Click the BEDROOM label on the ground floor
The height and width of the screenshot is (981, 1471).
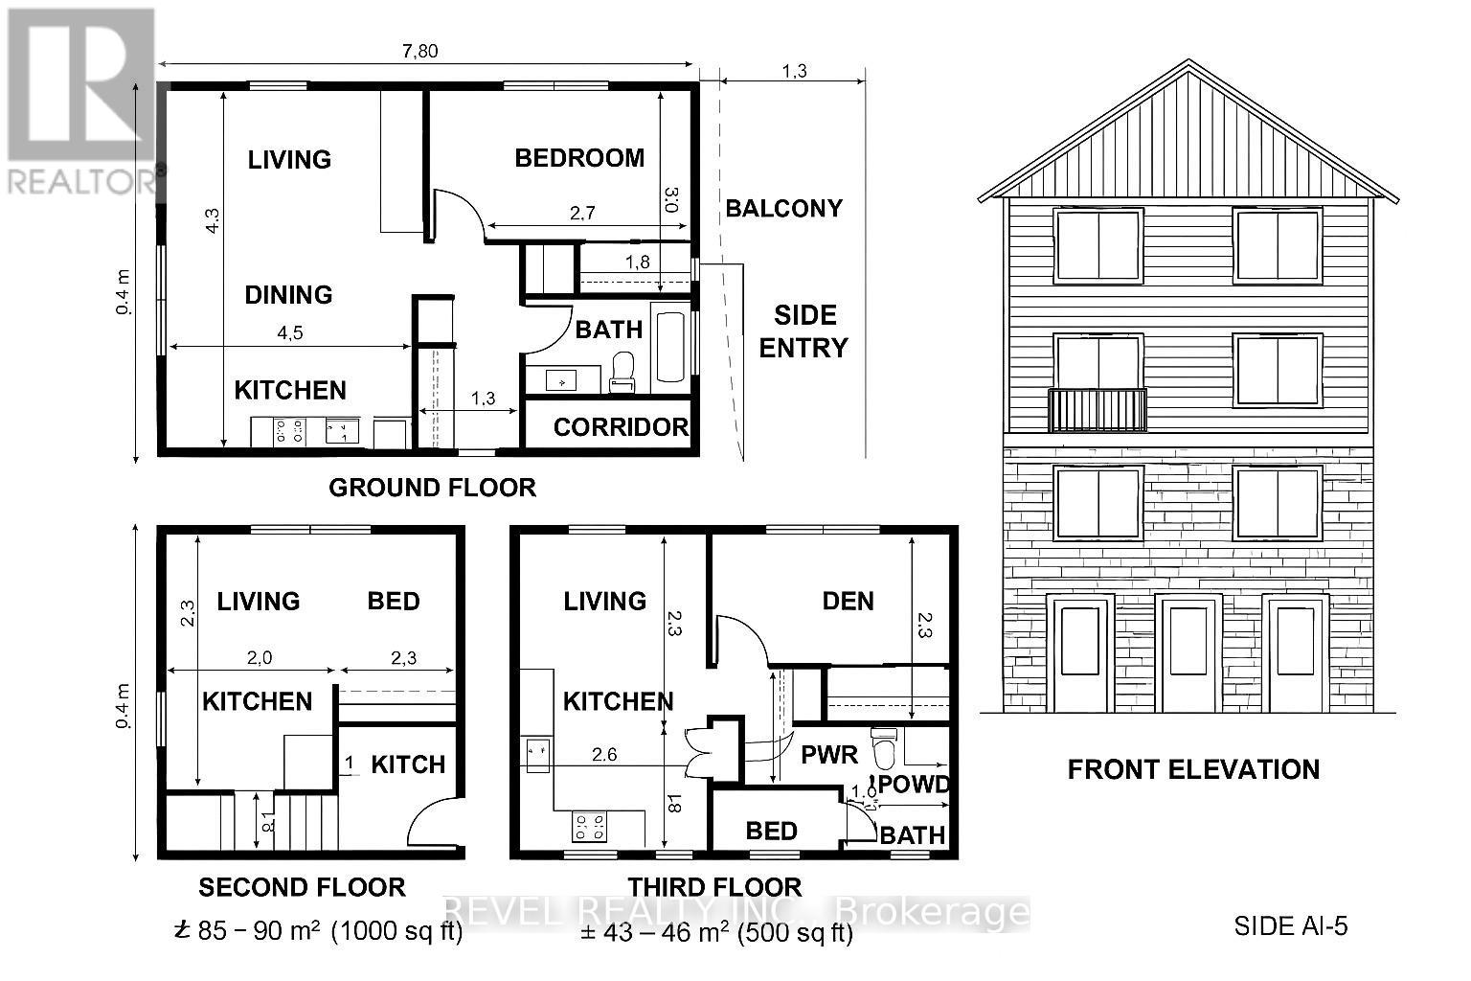click(579, 158)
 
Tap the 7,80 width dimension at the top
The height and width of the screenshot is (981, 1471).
click(420, 51)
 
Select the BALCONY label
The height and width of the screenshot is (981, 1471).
click(783, 209)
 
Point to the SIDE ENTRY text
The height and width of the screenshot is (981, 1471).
click(804, 331)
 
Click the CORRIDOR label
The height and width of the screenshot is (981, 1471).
click(621, 427)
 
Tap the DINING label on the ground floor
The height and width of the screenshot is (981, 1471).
click(288, 295)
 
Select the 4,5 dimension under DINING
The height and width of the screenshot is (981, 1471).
click(290, 332)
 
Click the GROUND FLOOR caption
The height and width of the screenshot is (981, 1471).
click(432, 488)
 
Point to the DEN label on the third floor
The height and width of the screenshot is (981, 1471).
click(848, 602)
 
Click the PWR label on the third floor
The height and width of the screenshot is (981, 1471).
click(829, 755)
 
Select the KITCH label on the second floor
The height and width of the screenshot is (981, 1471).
click(408, 764)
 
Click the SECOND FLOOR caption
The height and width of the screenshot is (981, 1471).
click(302, 888)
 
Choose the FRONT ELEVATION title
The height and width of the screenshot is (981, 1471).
click(1193, 769)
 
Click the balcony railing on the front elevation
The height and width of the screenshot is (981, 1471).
click(1098, 410)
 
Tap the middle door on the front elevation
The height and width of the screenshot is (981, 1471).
click(1188, 651)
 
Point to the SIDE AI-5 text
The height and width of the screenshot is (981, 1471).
click(1291, 926)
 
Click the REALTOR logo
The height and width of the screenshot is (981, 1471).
click(80, 101)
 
